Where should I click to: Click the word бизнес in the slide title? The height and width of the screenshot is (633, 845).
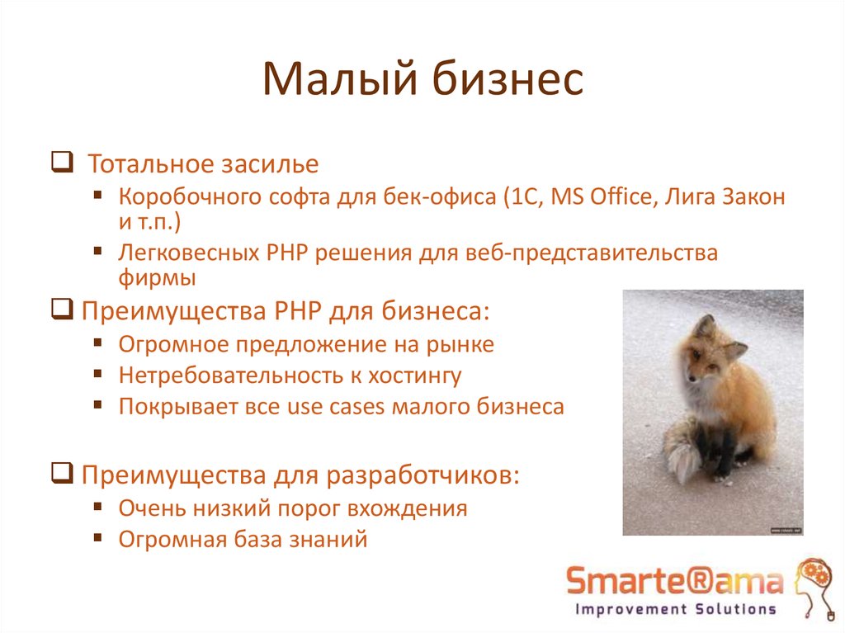tap(505, 81)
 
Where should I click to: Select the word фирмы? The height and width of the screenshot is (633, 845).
tap(157, 277)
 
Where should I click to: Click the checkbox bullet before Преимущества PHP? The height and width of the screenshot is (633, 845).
tap(60, 310)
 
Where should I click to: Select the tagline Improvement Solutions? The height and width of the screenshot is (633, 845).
tap(675, 610)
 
